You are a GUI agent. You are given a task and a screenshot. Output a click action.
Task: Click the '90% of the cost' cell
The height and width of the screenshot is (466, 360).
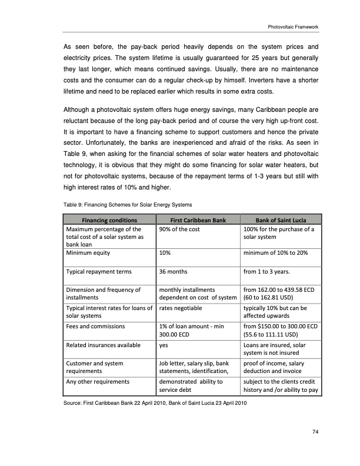(x=181, y=229)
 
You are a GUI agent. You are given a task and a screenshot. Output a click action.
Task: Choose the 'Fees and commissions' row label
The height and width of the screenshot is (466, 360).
(x=95, y=326)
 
